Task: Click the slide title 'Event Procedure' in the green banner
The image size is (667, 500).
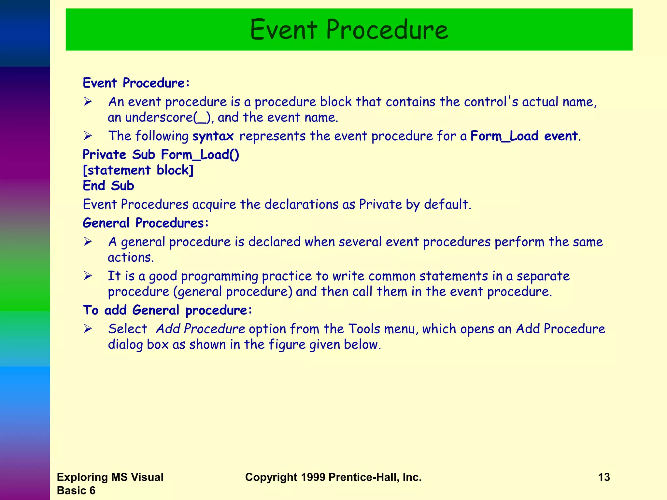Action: click(349, 30)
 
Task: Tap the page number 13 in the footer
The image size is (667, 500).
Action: click(604, 477)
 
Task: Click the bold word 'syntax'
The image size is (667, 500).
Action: click(213, 136)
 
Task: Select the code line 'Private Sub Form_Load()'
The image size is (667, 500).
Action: click(161, 155)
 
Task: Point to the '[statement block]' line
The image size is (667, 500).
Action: click(138, 170)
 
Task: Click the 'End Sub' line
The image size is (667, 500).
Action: click(108, 186)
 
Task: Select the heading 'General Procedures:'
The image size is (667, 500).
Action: click(146, 223)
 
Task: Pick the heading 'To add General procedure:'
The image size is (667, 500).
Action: click(167, 310)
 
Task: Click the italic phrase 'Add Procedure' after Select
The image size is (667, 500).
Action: click(200, 329)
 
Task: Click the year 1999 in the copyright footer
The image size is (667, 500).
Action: click(313, 477)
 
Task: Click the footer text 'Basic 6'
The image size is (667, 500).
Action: click(76, 491)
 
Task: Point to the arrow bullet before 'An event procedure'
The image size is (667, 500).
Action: click(88, 102)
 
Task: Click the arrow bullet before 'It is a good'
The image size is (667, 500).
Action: click(88, 276)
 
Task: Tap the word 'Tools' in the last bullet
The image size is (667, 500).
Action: click(364, 329)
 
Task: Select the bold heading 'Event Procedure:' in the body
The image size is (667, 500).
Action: click(136, 83)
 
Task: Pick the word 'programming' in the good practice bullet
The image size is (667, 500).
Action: click(220, 276)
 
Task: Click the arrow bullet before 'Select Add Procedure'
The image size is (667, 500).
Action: click(88, 329)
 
